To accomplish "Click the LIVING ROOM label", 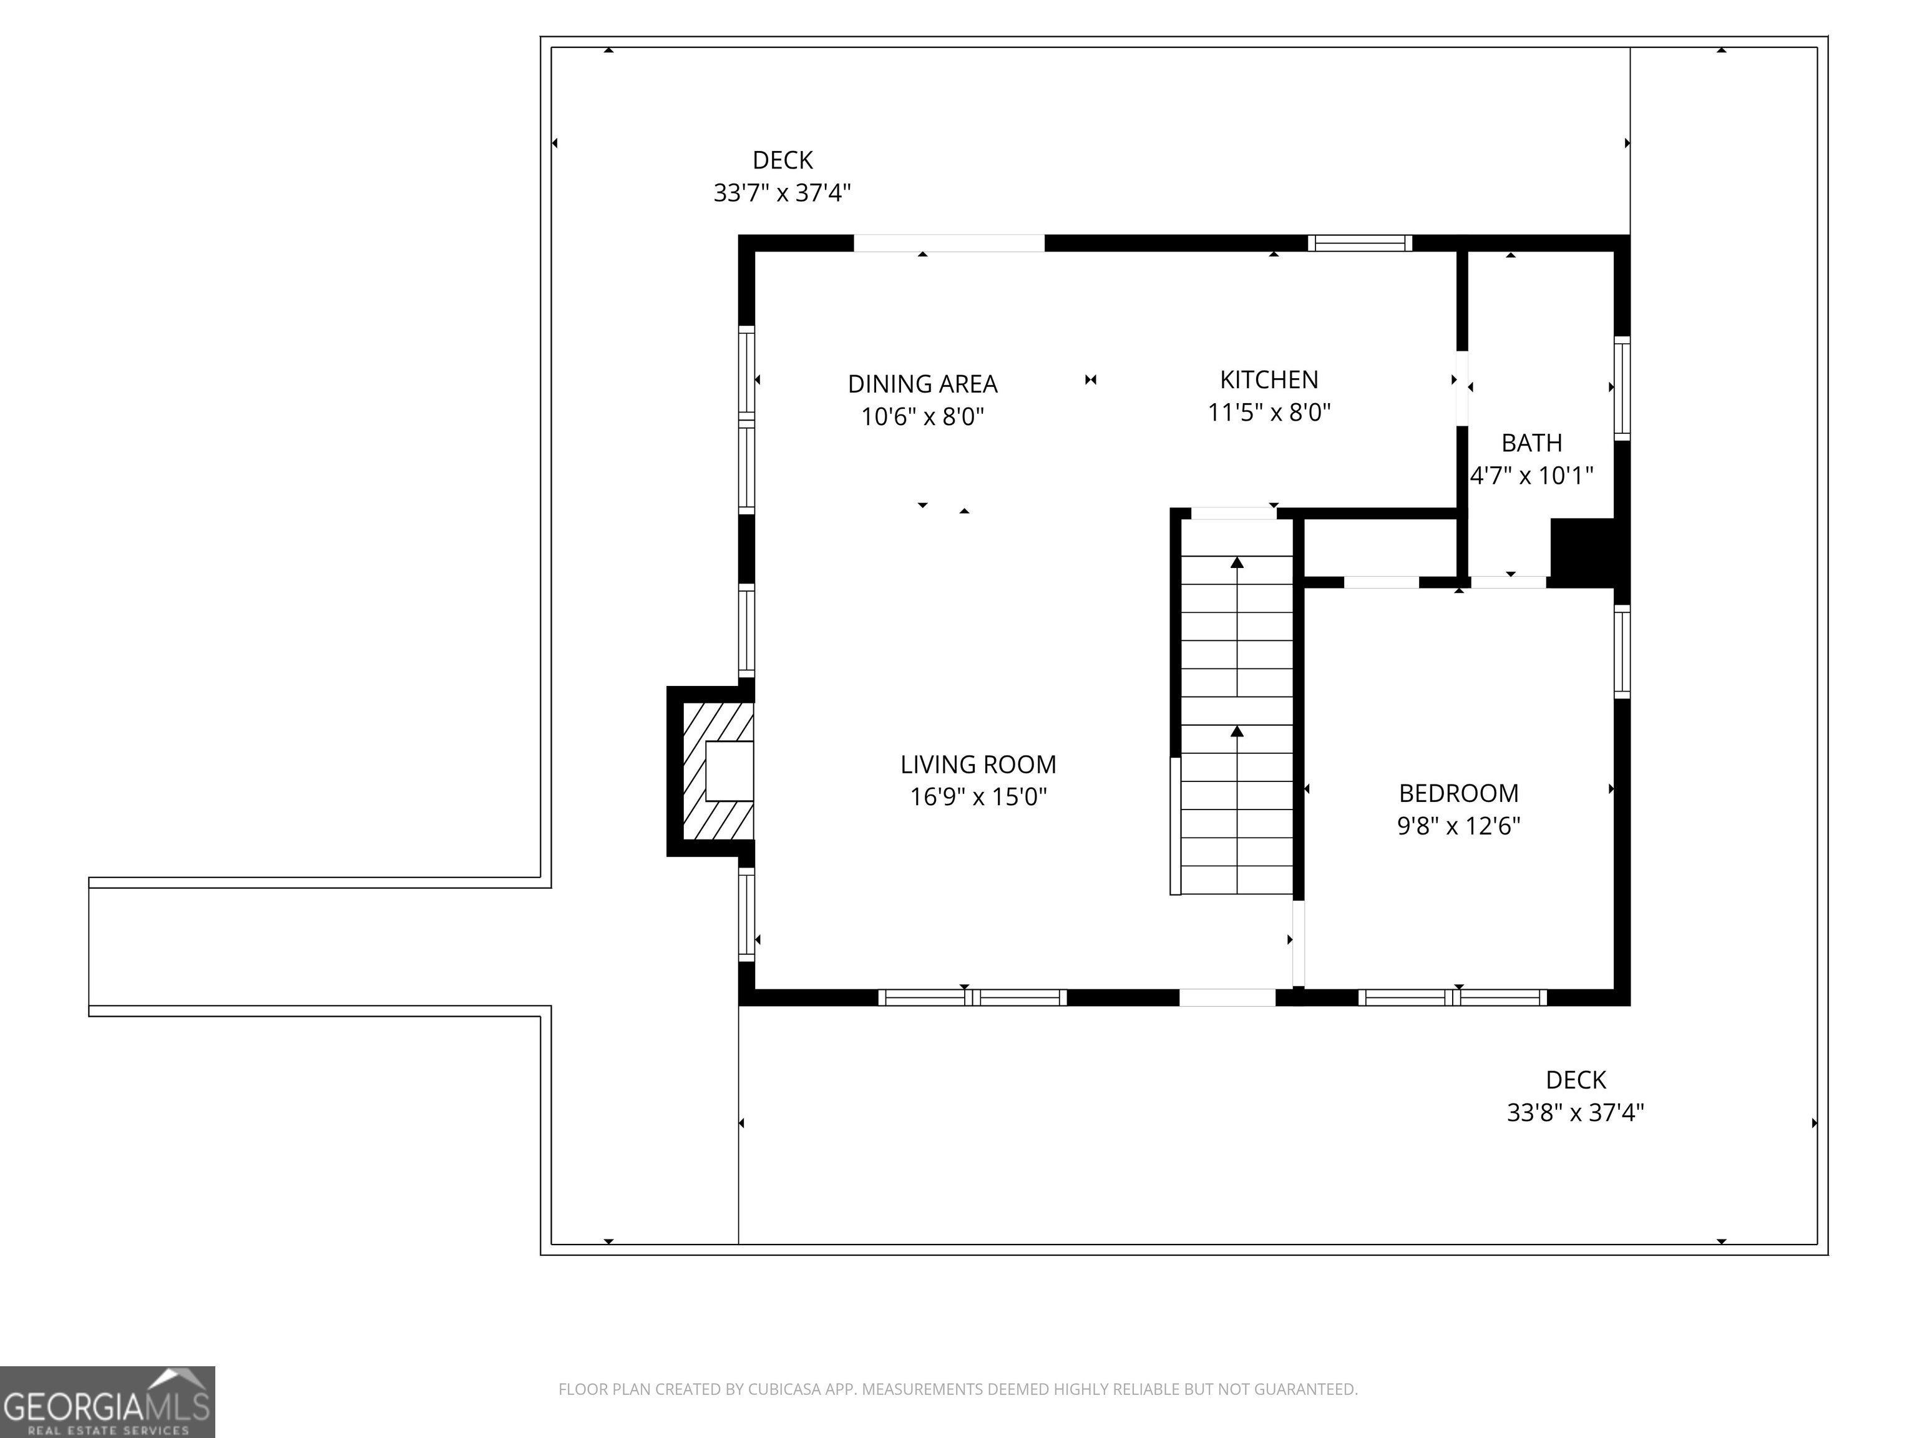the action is pos(978,765).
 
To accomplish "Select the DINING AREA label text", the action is pos(922,384).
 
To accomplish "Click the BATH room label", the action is pos(1531,443).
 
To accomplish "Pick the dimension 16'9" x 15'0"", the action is pos(978,796).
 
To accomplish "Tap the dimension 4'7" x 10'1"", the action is pos(1531,475).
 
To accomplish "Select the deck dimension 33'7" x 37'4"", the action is pos(782,192).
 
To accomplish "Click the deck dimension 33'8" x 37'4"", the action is pos(1576,1112).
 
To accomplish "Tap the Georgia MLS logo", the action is pos(107,1402).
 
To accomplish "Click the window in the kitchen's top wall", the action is pos(1360,243).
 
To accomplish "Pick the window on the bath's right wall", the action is pos(1621,388).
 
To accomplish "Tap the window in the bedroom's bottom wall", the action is pos(1453,997).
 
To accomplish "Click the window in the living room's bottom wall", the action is pos(972,997).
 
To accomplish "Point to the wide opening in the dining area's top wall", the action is pos(949,243).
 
